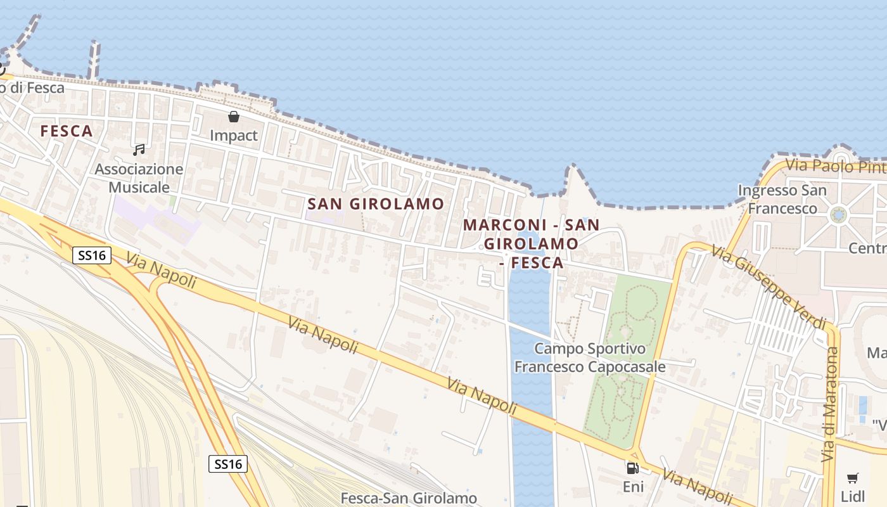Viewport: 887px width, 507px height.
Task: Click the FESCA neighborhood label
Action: (67, 131)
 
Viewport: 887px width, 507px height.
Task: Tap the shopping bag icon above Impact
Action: (234, 117)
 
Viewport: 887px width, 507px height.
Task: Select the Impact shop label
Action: (234, 135)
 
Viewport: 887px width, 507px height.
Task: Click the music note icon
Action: (139, 150)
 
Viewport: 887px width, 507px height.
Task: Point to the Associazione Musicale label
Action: (139, 178)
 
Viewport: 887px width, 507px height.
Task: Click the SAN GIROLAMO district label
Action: (376, 203)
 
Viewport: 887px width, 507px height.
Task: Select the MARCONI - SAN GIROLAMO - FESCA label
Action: (531, 243)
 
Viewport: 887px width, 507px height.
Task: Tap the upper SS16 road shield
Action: (92, 255)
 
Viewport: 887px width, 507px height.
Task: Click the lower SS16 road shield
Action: (228, 464)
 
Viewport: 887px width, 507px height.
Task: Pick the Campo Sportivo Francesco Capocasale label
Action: (590, 357)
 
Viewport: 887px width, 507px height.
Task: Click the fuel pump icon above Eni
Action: (632, 468)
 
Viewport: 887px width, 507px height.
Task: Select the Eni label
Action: (633, 487)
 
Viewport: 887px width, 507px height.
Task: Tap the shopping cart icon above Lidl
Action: (853, 478)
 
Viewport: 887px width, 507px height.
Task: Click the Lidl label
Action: (852, 496)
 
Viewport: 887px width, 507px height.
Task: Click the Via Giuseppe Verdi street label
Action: (768, 286)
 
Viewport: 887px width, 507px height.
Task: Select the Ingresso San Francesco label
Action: (782, 199)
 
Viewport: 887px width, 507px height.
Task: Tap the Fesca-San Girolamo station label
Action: (409, 498)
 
